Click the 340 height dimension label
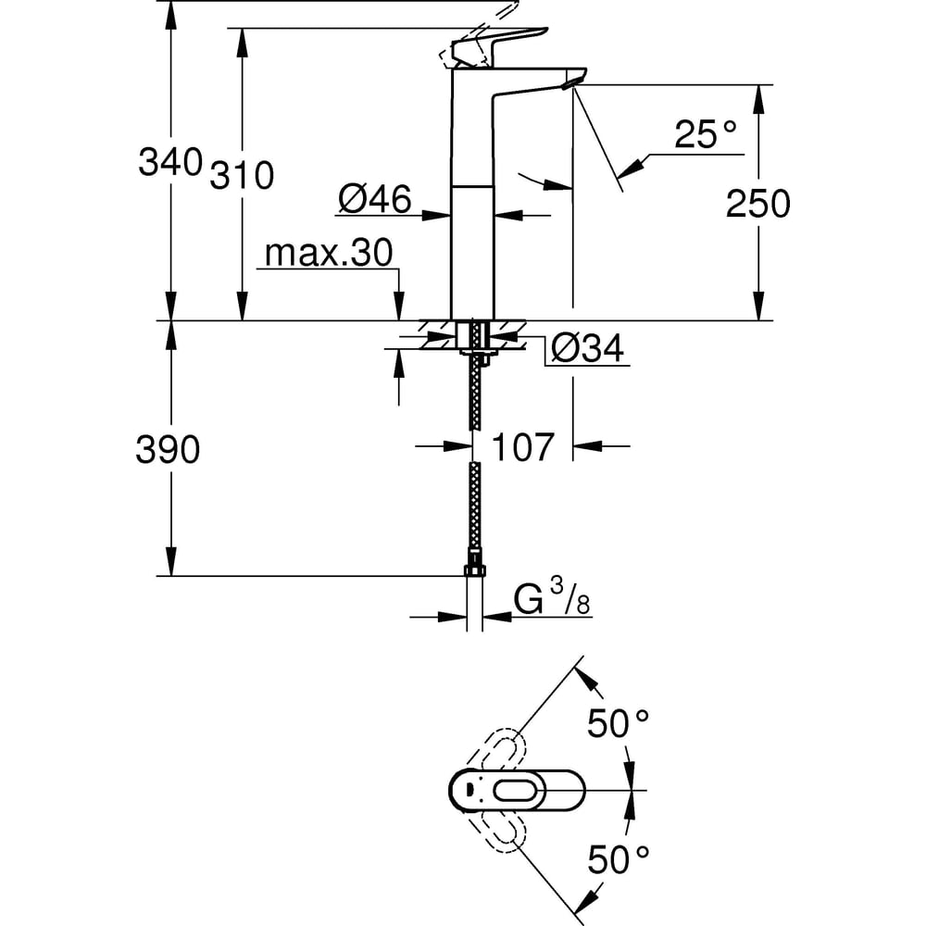click(169, 162)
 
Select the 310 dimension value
click(243, 174)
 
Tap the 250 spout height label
click(757, 203)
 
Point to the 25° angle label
click(706, 136)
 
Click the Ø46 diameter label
click(374, 199)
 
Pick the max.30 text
click(329, 253)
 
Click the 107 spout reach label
click(522, 447)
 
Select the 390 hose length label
click(168, 450)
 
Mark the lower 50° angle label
click(618, 861)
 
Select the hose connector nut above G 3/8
click(475, 566)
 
